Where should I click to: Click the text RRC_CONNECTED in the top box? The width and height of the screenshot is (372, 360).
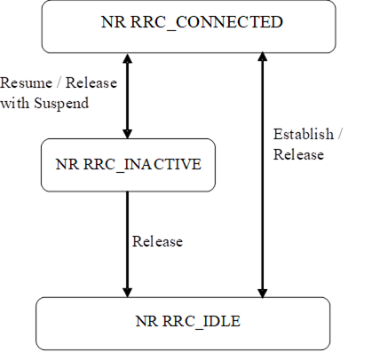207,22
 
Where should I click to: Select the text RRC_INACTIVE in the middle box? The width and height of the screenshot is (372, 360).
142,164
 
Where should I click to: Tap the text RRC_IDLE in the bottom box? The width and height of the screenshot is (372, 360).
202,321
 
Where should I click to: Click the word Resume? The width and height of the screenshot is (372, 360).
26,82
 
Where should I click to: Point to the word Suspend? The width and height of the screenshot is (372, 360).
61,104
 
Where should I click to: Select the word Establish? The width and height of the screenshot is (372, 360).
304,134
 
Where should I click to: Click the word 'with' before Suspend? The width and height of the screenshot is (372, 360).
14,103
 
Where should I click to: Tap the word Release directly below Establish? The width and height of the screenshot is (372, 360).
298,154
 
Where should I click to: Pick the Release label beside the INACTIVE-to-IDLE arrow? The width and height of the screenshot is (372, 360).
157,241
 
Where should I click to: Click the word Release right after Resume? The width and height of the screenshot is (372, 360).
91,82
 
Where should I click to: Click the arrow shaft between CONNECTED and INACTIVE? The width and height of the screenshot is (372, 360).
127,96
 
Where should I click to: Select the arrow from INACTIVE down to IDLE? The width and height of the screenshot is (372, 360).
127,244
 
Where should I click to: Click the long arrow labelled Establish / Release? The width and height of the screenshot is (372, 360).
262,175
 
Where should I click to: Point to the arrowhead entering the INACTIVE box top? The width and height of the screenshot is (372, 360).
127,134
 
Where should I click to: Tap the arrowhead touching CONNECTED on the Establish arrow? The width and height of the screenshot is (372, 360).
262,57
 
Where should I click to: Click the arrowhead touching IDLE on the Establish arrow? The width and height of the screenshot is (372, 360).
262,293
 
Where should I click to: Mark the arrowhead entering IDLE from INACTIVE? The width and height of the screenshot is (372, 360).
127,293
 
